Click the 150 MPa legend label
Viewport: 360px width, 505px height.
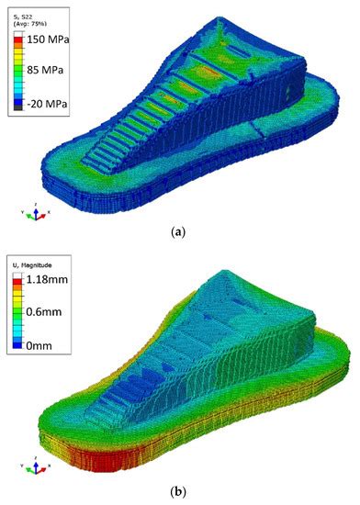pos(49,40)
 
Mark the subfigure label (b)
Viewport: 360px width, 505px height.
pos(180,494)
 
